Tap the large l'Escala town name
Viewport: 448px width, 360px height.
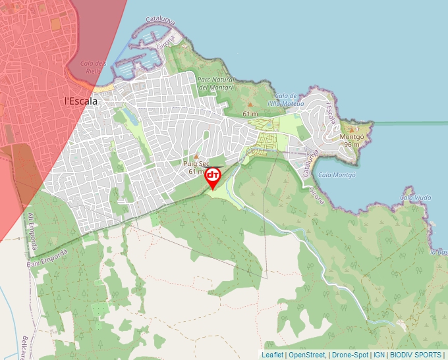(x=81, y=101)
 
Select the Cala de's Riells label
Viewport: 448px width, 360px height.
(x=93, y=66)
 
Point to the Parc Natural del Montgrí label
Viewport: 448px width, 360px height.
(x=217, y=83)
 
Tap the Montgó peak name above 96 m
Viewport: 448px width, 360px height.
(x=350, y=137)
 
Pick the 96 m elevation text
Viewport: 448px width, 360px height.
(x=351, y=145)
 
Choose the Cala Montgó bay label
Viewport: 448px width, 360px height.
(x=336, y=175)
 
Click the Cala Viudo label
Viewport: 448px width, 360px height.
(x=415, y=197)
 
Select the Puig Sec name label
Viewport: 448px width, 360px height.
(x=196, y=163)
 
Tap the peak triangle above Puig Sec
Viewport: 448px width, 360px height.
(x=196, y=156)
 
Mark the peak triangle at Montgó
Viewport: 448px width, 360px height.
(x=350, y=130)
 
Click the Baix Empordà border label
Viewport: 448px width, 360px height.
(x=47, y=257)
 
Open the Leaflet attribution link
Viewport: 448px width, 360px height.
(x=272, y=355)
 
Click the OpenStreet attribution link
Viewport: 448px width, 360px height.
(x=307, y=355)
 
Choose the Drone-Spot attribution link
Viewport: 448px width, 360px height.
(x=350, y=355)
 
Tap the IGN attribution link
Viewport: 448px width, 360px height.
(x=379, y=355)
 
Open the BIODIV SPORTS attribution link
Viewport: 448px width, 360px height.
(x=415, y=355)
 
